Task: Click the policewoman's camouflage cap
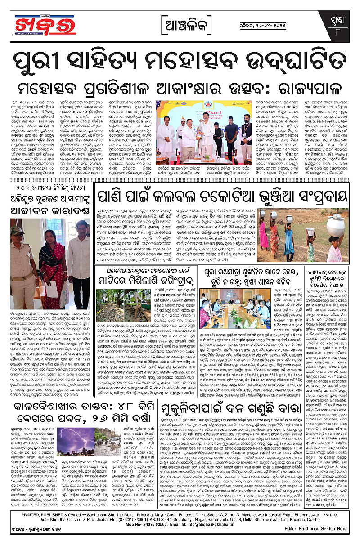[x=19, y=231]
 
